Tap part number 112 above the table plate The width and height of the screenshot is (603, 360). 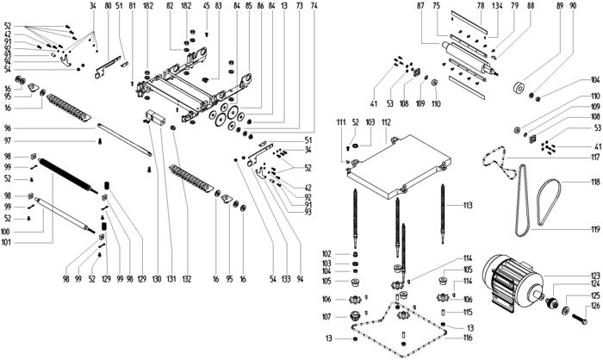(x=387, y=124)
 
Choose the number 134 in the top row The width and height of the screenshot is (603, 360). (x=497, y=7)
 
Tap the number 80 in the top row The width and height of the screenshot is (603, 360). (x=108, y=7)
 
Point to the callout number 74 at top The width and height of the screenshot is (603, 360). (x=314, y=7)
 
